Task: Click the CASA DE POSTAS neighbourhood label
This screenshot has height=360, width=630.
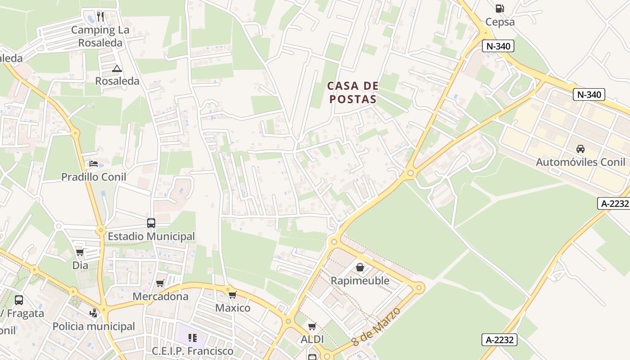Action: (352, 92)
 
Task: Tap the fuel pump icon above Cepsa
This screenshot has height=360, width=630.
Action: (499, 8)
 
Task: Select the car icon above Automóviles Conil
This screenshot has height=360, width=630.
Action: (580, 148)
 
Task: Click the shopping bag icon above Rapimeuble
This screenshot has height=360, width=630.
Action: (360, 267)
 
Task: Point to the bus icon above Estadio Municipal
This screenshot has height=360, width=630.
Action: (151, 223)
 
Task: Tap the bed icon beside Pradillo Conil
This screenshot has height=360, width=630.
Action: (94, 163)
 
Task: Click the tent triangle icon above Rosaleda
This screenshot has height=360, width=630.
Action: (117, 68)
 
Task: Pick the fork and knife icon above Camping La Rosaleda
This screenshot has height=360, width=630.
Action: (100, 17)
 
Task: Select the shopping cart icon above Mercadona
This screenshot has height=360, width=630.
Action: (160, 283)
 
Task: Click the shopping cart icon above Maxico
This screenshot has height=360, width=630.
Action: (232, 295)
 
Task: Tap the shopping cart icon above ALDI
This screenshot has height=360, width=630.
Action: (312, 326)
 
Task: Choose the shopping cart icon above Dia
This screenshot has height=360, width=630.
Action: (80, 252)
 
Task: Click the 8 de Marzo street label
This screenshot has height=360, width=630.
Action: (376, 326)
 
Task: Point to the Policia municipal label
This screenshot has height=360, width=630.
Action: (94, 326)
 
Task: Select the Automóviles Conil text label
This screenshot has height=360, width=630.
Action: (580, 162)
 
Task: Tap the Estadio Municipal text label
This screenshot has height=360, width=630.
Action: (151, 236)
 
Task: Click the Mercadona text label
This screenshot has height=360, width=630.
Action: (160, 297)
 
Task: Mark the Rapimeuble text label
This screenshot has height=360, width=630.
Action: (360, 281)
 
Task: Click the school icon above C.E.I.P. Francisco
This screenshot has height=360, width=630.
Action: (193, 337)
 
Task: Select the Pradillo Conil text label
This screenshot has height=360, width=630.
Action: (94, 177)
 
